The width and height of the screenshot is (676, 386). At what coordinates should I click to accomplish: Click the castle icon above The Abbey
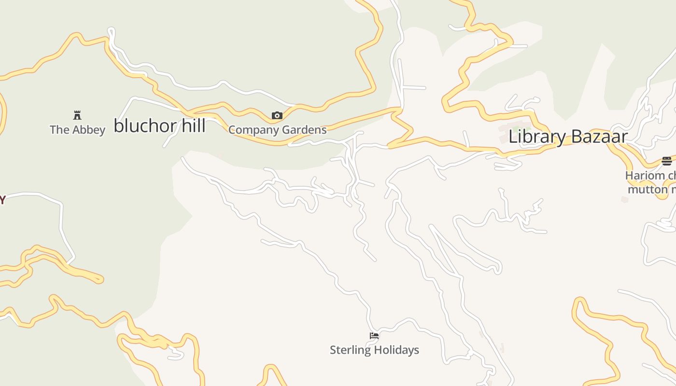77,115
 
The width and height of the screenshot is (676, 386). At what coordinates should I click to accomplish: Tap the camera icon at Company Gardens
277,115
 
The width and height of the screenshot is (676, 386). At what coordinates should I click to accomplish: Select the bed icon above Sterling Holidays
374,336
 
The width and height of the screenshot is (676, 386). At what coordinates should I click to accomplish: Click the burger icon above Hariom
667,161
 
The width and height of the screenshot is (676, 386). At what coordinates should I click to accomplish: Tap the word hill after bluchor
194,126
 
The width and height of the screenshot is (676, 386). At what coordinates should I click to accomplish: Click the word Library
537,137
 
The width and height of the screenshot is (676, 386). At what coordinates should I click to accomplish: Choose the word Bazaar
599,137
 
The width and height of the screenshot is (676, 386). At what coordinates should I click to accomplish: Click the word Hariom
645,176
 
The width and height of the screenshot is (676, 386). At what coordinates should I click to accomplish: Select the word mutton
647,189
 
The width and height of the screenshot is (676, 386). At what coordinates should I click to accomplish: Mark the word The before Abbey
60,130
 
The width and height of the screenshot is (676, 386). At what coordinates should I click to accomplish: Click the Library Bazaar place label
568,137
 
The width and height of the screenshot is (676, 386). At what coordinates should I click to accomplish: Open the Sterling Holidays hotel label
374,350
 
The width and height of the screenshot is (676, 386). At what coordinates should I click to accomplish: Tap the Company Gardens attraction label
277,130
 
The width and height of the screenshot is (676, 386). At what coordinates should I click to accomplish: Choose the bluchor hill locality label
160,126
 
